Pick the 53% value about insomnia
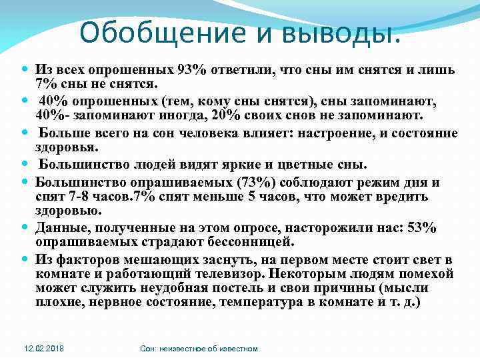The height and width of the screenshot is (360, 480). point(423,228)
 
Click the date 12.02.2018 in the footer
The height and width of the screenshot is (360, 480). point(42,349)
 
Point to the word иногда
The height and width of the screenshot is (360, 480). point(181,115)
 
